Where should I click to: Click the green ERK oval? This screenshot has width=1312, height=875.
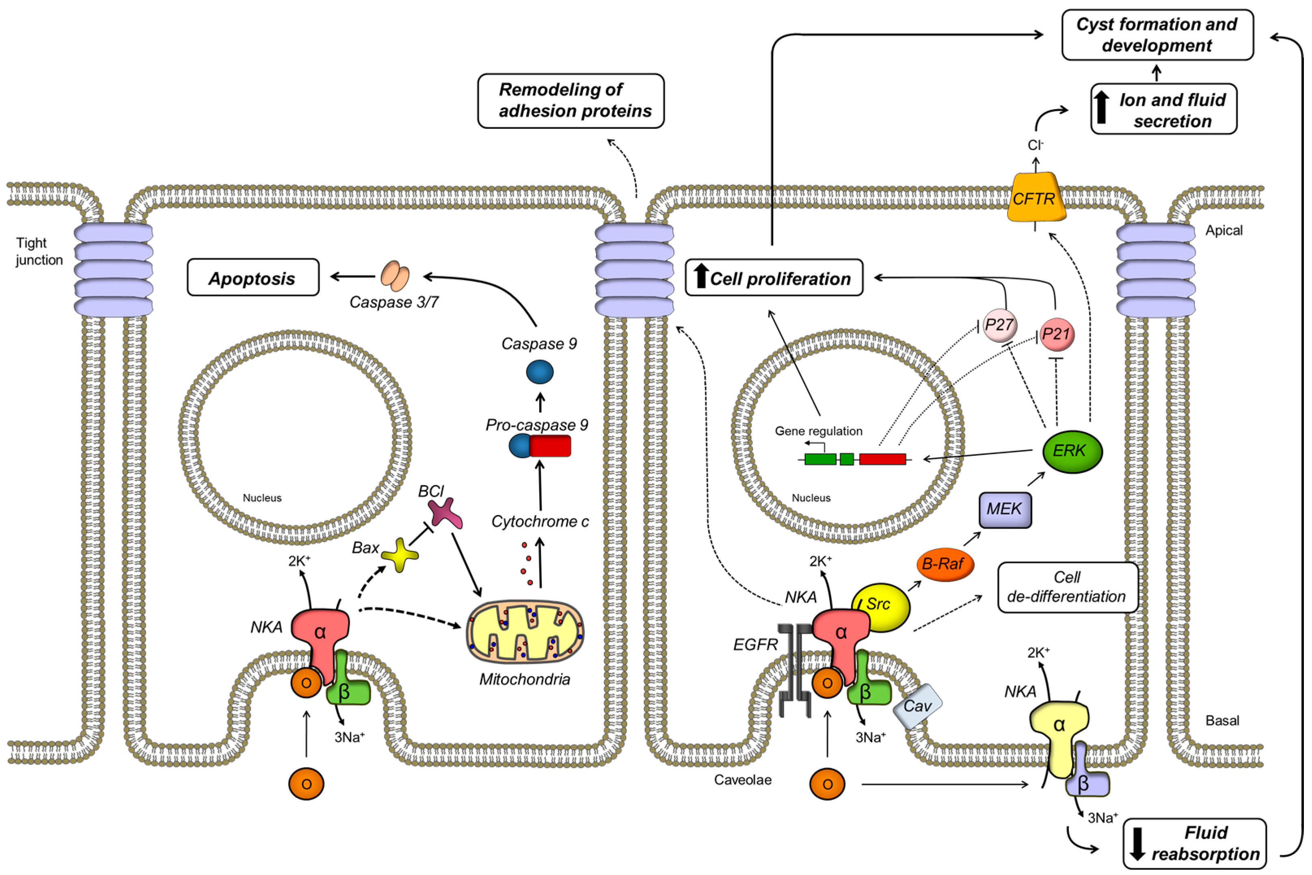click(x=1072, y=451)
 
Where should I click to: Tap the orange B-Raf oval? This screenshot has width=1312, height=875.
click(x=945, y=564)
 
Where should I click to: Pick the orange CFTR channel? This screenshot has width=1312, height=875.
click(x=1035, y=198)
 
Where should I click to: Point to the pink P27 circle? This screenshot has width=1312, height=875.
click(x=999, y=325)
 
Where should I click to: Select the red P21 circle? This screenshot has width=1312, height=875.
click(x=1056, y=334)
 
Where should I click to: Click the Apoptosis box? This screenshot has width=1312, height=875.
click(x=253, y=277)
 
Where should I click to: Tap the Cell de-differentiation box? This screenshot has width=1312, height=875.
click(x=1067, y=587)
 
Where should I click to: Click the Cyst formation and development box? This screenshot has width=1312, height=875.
click(x=1157, y=35)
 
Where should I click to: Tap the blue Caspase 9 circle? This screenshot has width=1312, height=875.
click(x=539, y=372)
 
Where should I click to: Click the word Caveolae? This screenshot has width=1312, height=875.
click(x=742, y=780)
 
